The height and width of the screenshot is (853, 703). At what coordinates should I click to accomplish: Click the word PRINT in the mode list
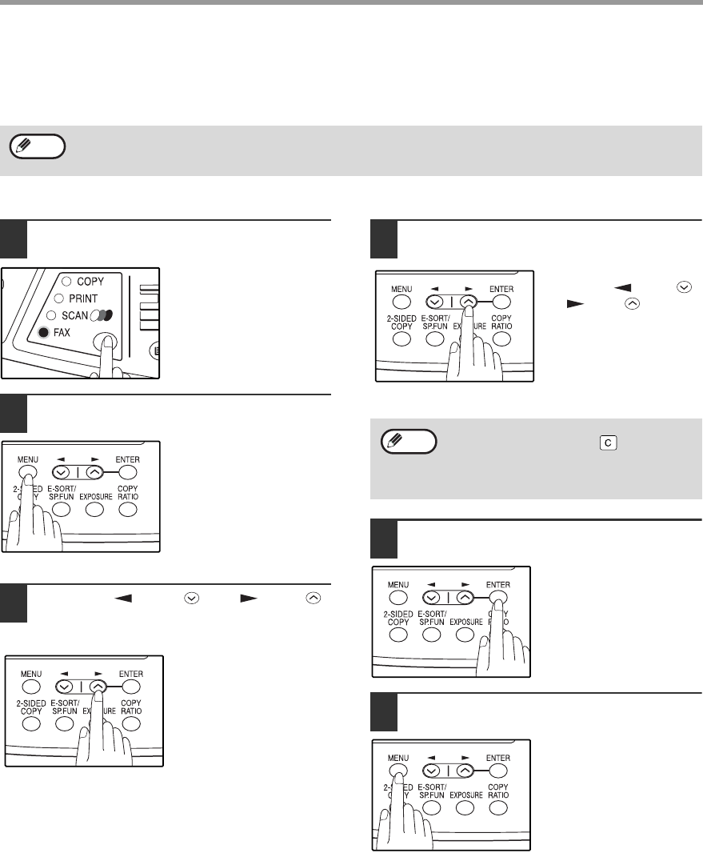coord(83,298)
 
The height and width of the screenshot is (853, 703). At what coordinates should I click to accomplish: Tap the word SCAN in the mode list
coord(74,315)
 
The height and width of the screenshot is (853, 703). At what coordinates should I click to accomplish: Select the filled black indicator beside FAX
coord(43,332)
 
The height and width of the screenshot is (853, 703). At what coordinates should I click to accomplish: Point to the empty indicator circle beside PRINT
coord(58,298)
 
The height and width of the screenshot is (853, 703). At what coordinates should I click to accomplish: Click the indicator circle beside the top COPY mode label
coord(66,281)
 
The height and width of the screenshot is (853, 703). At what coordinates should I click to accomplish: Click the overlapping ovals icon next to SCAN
coord(102,315)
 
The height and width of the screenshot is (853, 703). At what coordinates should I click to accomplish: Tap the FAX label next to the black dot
coord(62,332)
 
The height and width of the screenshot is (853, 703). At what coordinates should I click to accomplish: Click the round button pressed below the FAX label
coord(105,342)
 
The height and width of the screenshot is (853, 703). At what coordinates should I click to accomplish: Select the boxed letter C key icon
coord(608,443)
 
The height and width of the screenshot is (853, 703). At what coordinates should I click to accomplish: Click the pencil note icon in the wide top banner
coord(38,146)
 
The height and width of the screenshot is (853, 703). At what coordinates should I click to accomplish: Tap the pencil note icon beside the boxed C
coord(409,441)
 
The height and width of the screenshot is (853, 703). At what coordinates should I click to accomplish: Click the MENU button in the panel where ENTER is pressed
coord(398,597)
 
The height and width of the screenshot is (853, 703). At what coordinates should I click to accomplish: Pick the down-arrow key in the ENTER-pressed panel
coord(432,597)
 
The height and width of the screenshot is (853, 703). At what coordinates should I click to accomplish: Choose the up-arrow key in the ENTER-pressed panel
coord(465,597)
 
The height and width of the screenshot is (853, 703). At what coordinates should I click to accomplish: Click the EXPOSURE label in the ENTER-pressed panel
coord(466,622)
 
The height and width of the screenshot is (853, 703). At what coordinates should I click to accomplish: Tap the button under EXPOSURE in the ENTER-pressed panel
coord(465,635)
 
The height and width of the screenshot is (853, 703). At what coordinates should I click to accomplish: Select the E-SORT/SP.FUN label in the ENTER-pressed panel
coord(432,618)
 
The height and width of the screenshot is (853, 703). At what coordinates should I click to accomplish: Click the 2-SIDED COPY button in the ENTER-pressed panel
coord(398,635)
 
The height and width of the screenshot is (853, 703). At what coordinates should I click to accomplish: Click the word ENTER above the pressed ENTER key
coord(498,585)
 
